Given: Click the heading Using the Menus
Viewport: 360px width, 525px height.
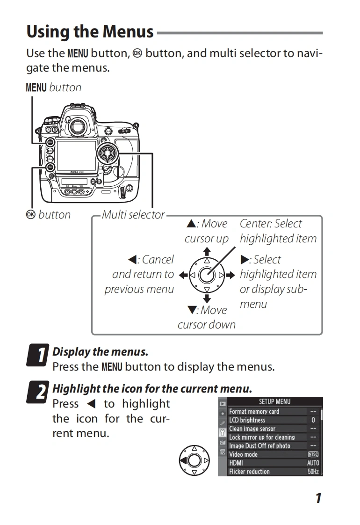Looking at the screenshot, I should pyautogui.click(x=90, y=32).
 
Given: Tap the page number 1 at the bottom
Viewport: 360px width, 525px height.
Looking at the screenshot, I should pyautogui.click(x=318, y=498).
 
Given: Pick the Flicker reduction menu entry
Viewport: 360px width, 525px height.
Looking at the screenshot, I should pyautogui.click(x=249, y=472).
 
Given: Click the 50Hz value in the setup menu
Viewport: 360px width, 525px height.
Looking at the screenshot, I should pyautogui.click(x=313, y=472).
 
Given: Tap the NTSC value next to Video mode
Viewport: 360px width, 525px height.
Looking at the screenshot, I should pyautogui.click(x=313, y=454).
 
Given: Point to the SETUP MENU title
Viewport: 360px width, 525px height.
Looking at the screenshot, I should pyautogui.click(x=274, y=401).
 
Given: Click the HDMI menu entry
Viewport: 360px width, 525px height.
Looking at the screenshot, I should pyautogui.click(x=236, y=463).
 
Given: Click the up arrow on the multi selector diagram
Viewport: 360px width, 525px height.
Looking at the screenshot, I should pyautogui.click(x=207, y=252).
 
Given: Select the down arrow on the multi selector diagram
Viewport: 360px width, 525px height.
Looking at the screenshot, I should pyautogui.click(x=207, y=298).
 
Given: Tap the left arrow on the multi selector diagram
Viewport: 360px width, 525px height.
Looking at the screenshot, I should pyautogui.click(x=183, y=275).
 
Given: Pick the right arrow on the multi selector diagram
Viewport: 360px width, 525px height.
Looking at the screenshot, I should pyautogui.click(x=230, y=275).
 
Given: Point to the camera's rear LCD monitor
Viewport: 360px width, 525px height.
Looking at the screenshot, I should pyautogui.click(x=76, y=156).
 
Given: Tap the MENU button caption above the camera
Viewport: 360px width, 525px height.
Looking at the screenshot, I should pyautogui.click(x=53, y=87).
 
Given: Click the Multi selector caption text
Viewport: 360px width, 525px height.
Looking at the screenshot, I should pyautogui.click(x=133, y=215).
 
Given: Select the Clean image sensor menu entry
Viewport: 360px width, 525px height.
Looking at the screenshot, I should pyautogui.click(x=252, y=429).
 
